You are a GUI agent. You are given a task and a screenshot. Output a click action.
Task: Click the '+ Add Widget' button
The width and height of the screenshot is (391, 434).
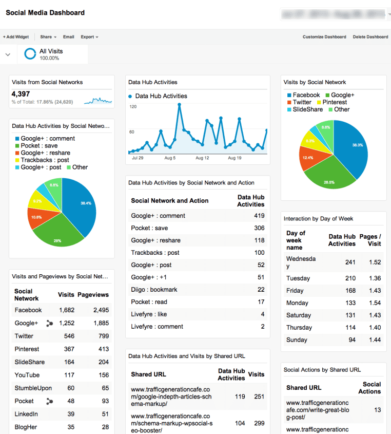[16, 37]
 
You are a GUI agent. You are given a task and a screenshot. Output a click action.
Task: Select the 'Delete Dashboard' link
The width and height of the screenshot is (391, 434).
[370, 37]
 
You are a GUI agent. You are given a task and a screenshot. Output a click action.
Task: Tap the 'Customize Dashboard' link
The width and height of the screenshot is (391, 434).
[324, 37]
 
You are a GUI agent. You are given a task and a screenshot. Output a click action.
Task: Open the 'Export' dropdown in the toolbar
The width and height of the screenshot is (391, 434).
[89, 37]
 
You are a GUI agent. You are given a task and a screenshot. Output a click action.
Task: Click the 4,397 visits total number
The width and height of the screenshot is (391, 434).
[21, 94]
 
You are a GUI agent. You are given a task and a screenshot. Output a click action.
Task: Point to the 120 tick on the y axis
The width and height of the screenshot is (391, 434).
[132, 107]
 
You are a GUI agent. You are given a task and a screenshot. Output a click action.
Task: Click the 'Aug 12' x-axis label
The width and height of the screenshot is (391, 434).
[203, 158]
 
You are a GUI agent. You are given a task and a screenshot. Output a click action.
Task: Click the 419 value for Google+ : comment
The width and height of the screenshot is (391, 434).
[259, 216]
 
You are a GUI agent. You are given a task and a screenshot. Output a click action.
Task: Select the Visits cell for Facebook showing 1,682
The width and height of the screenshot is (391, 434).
[66, 310]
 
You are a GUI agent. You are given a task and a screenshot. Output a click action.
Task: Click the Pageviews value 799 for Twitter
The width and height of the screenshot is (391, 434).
[104, 336]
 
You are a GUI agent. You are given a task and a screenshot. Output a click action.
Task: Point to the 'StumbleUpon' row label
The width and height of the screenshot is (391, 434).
[33, 388]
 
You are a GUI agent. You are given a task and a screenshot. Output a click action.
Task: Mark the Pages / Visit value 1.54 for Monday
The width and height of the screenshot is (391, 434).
[375, 303]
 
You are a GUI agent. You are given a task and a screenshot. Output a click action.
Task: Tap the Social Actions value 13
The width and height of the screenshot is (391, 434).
[377, 410]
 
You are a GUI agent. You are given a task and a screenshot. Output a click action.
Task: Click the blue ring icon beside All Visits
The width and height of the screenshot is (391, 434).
[30, 54]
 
